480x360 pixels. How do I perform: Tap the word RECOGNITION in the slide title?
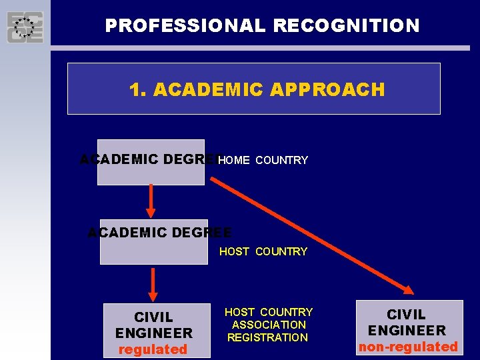click(x=347, y=26)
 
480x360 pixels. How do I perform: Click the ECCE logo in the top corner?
click(x=25, y=27)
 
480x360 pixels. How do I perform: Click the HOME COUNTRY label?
click(x=263, y=161)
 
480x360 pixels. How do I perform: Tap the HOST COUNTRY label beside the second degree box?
click(x=263, y=251)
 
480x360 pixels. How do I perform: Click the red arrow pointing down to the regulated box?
click(x=153, y=285)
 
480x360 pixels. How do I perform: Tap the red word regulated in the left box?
click(x=153, y=349)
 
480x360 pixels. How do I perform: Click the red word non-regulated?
click(x=408, y=347)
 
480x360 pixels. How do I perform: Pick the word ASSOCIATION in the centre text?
click(x=269, y=325)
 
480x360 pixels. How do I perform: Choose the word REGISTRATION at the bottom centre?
click(x=267, y=337)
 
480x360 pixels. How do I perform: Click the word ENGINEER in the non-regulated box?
click(x=407, y=330)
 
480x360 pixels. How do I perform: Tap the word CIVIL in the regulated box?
click(x=153, y=317)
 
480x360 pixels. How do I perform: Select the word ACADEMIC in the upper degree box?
click(x=119, y=159)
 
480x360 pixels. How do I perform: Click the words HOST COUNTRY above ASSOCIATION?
click(x=269, y=312)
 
